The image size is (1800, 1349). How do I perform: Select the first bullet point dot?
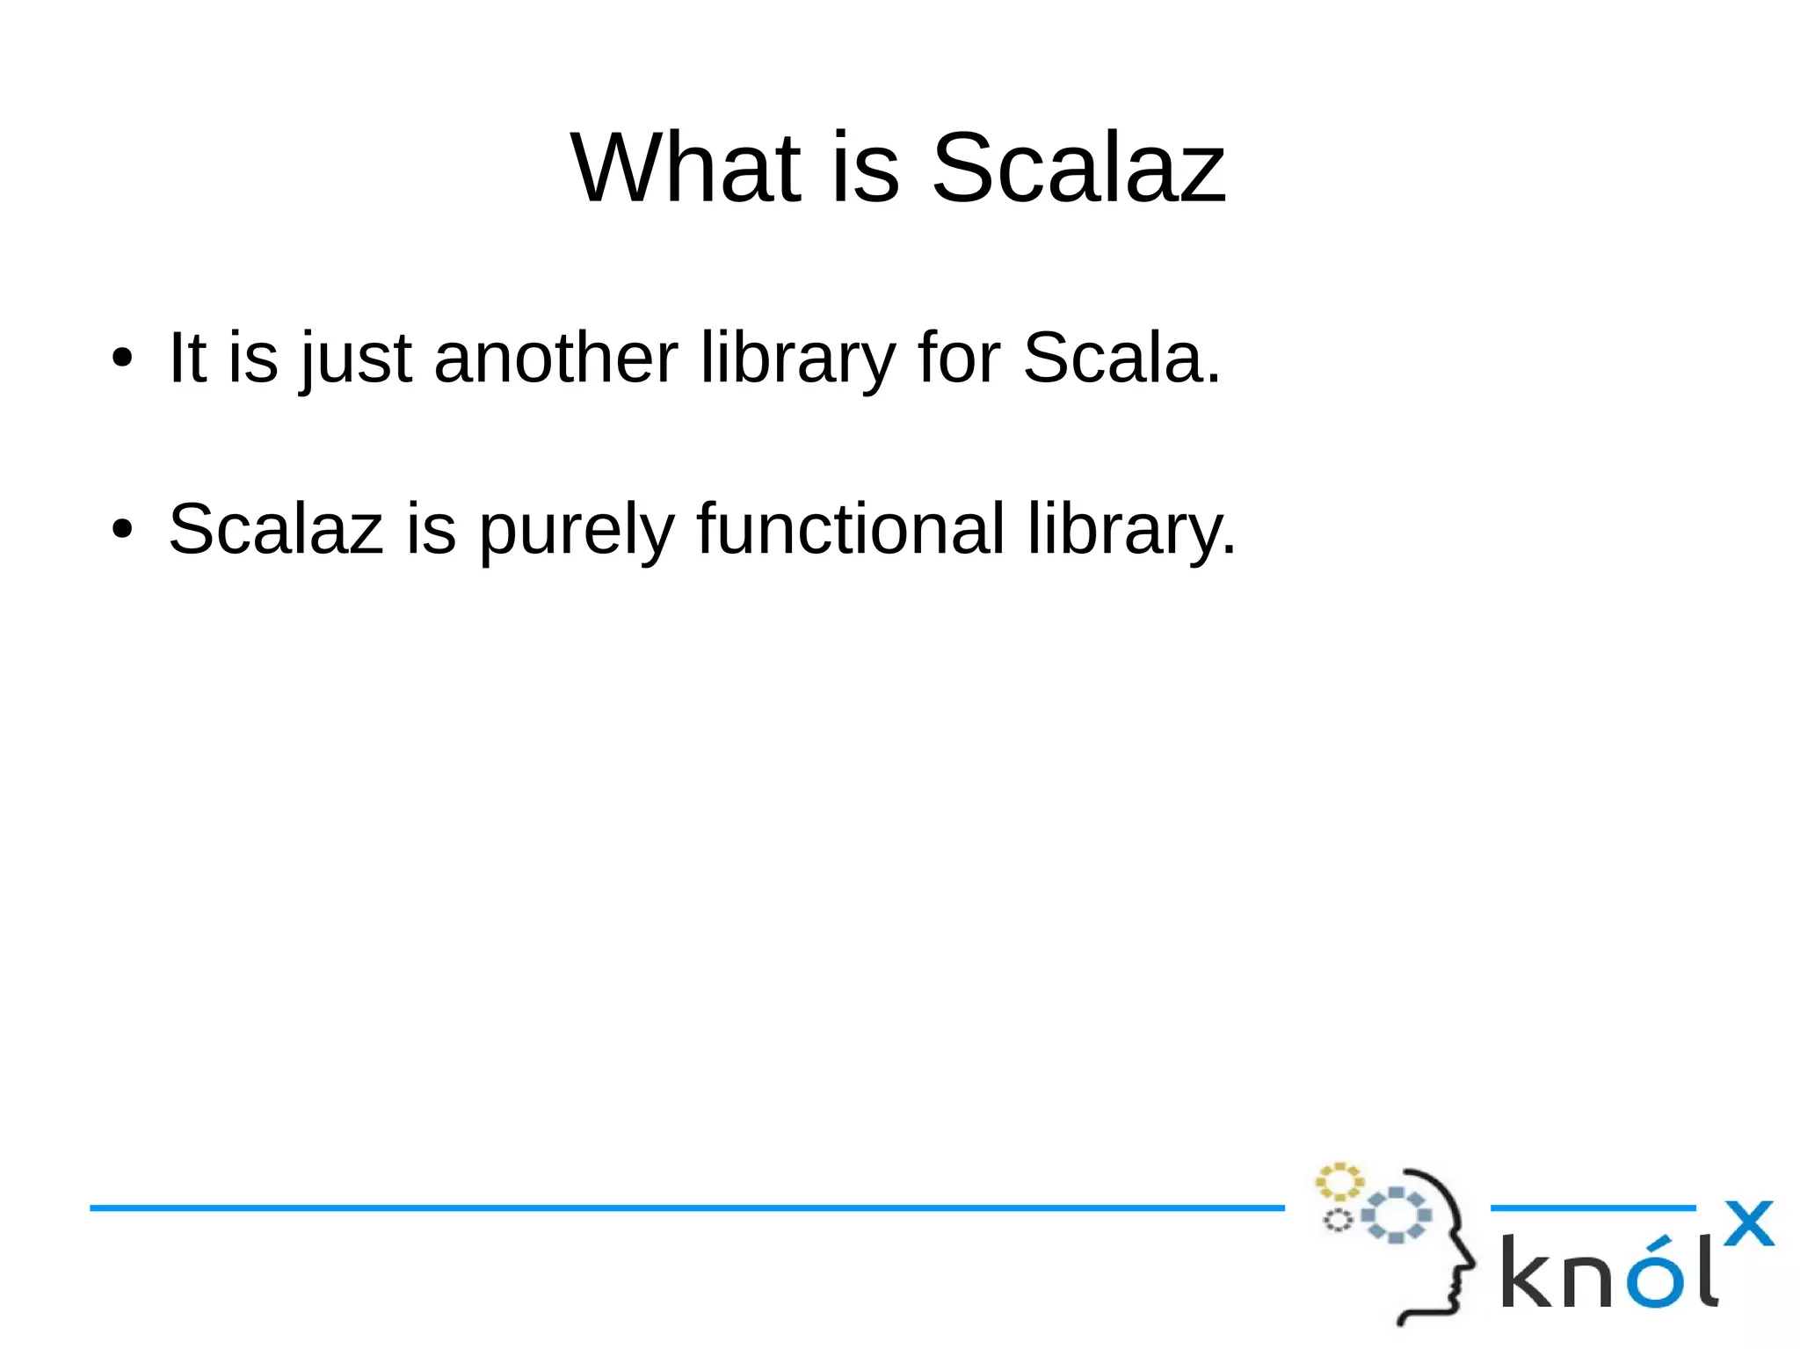(x=122, y=358)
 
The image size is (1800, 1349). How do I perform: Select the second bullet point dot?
(x=122, y=529)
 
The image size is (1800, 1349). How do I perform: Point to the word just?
(x=355, y=359)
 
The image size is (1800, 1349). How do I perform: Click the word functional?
(x=850, y=528)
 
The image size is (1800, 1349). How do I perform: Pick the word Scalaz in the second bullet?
(x=276, y=528)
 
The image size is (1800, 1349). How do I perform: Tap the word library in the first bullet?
(x=797, y=359)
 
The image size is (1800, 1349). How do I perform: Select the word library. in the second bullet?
(x=1131, y=530)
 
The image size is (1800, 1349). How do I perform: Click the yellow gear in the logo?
(x=1339, y=1182)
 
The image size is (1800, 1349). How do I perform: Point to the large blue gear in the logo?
(x=1396, y=1215)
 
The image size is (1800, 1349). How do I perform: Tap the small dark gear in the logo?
(x=1338, y=1220)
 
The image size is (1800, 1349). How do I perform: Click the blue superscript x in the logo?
(x=1747, y=1223)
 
